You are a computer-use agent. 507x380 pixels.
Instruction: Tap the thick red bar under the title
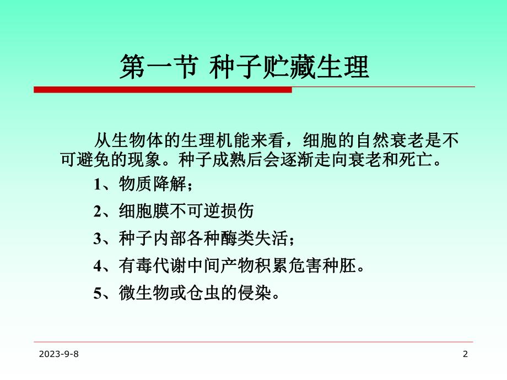(163, 90)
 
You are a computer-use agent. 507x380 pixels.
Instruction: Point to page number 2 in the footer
(465, 355)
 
